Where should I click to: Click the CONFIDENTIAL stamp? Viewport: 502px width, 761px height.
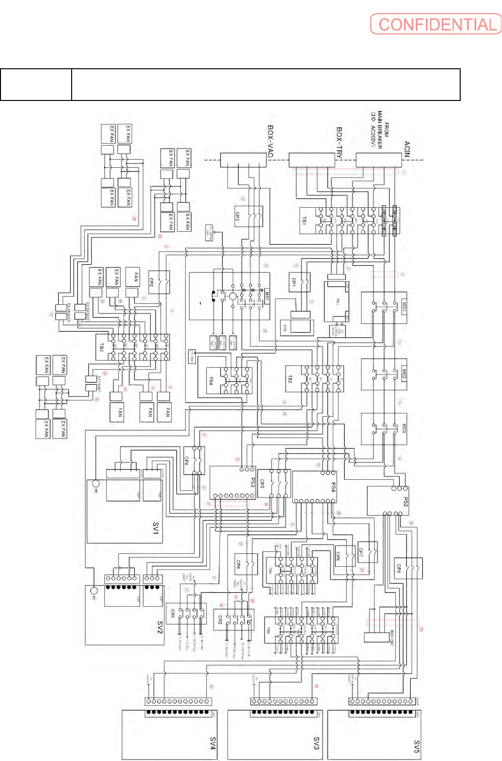[436, 24]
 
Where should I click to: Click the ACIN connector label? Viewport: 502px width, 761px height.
[407, 149]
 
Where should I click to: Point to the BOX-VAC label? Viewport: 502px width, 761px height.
[271, 141]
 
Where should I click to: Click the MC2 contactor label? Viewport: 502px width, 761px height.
[404, 374]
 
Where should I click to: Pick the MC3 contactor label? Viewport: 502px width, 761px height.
[404, 428]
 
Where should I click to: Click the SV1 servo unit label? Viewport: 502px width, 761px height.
[156, 528]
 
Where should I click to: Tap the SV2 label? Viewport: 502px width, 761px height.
[160, 627]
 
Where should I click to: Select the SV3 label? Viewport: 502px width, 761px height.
[316, 743]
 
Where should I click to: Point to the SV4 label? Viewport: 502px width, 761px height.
[213, 743]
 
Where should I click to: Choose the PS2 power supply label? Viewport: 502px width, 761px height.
[405, 502]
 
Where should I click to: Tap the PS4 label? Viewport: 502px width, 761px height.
[333, 487]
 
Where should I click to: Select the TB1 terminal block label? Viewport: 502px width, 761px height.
[304, 221]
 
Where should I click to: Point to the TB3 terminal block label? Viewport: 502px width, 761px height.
[101, 347]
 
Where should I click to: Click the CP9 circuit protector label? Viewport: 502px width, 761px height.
[399, 568]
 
